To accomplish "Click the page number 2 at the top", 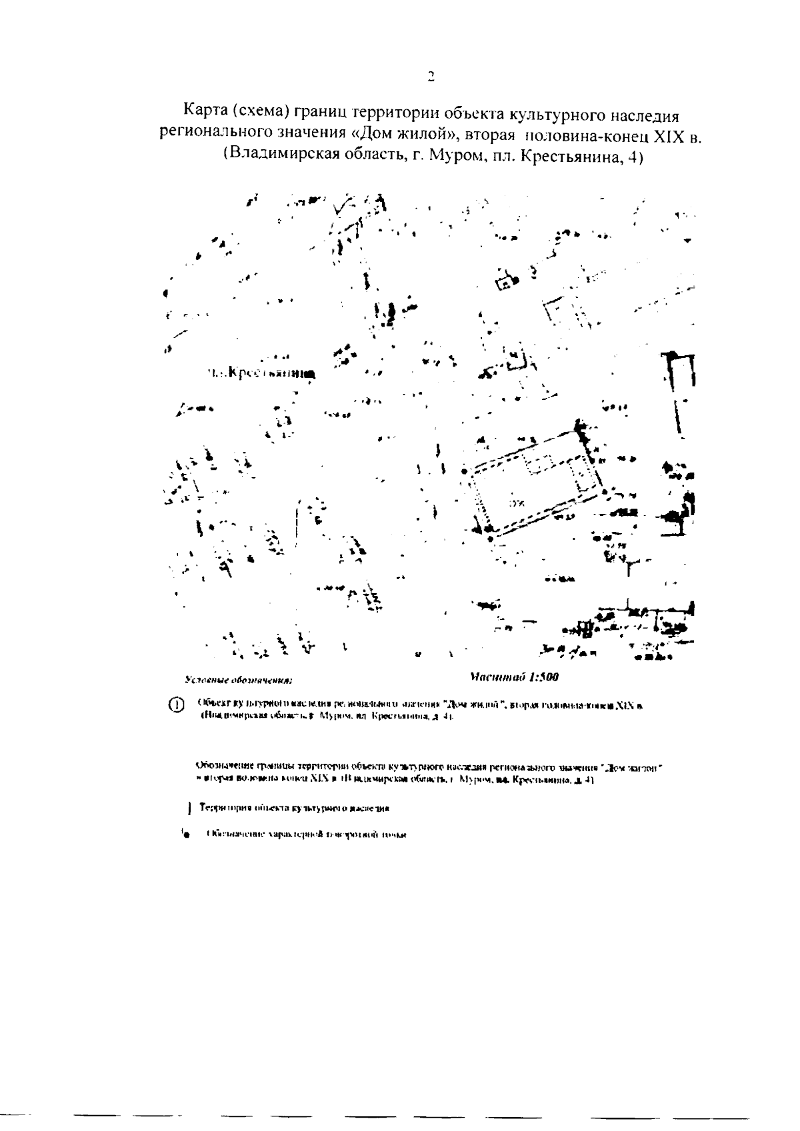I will click(x=431, y=75).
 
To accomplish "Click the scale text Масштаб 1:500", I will click(x=514, y=678).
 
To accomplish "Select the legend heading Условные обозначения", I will click(x=239, y=681).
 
